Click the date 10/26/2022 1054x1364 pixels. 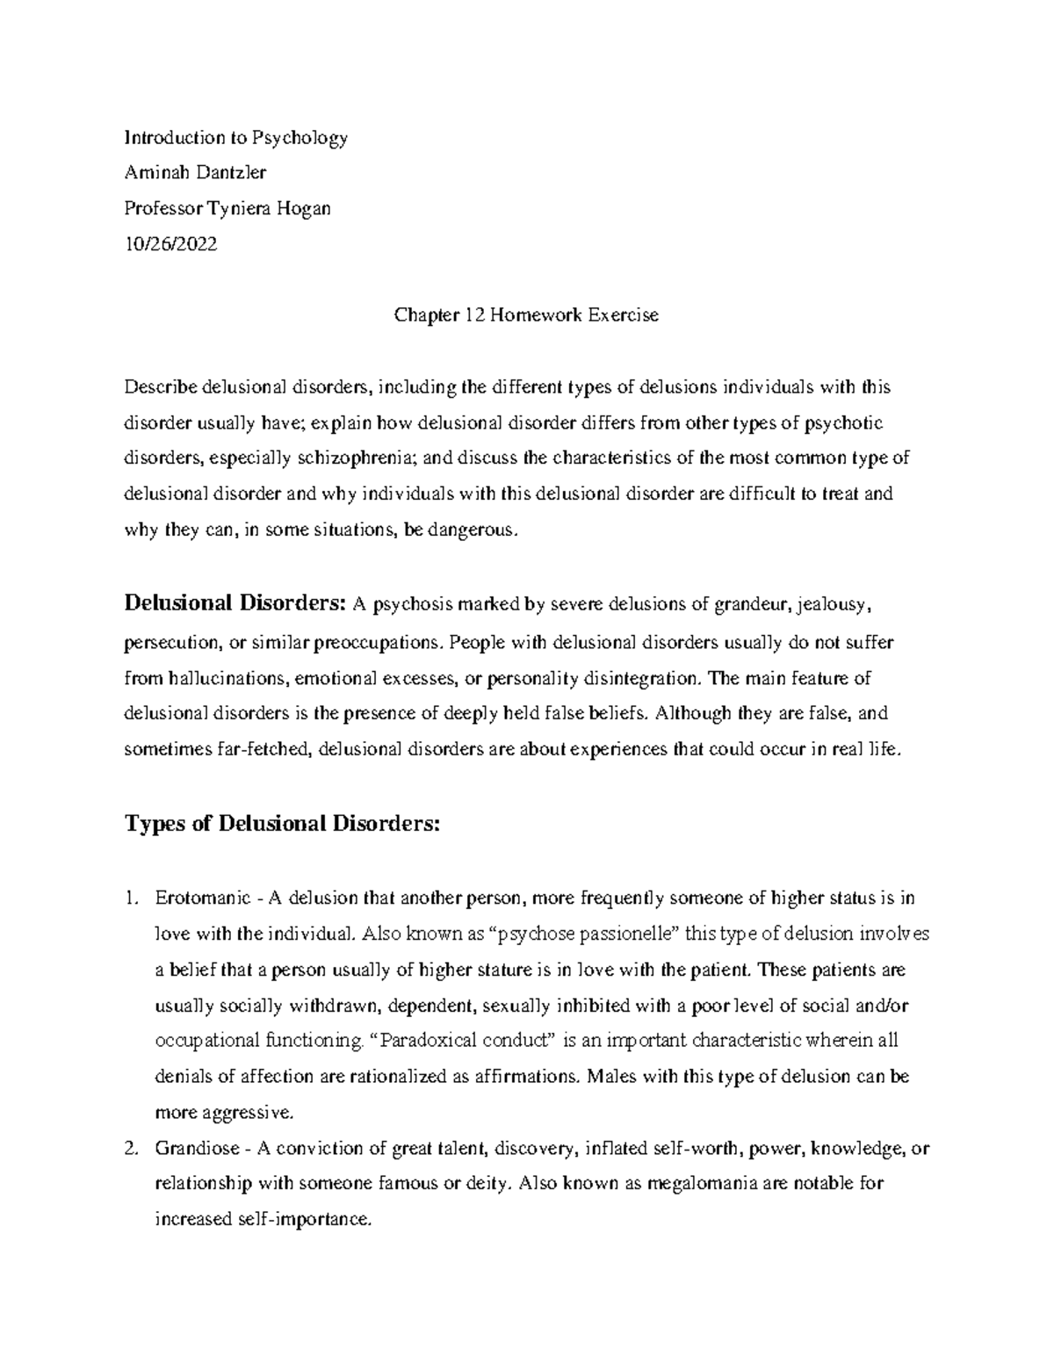(170, 244)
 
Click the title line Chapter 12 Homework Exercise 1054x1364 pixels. (525, 315)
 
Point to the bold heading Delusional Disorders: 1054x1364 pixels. (236, 604)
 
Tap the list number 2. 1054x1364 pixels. (131, 1148)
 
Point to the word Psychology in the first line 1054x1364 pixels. (300, 138)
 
